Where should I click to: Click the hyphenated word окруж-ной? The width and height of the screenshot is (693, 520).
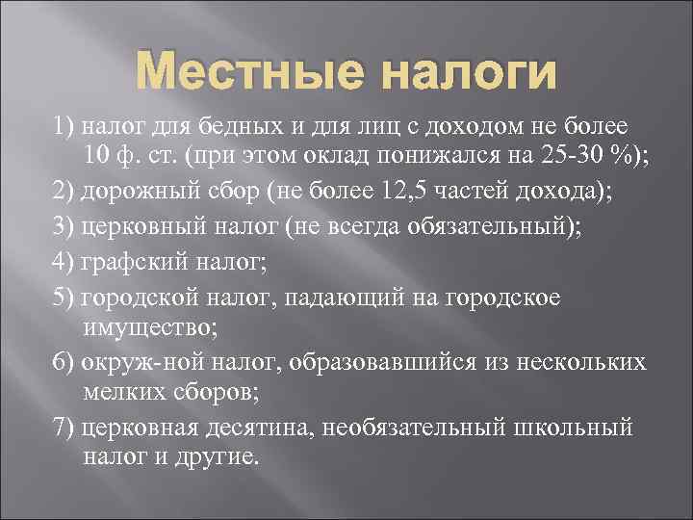click(136, 362)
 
